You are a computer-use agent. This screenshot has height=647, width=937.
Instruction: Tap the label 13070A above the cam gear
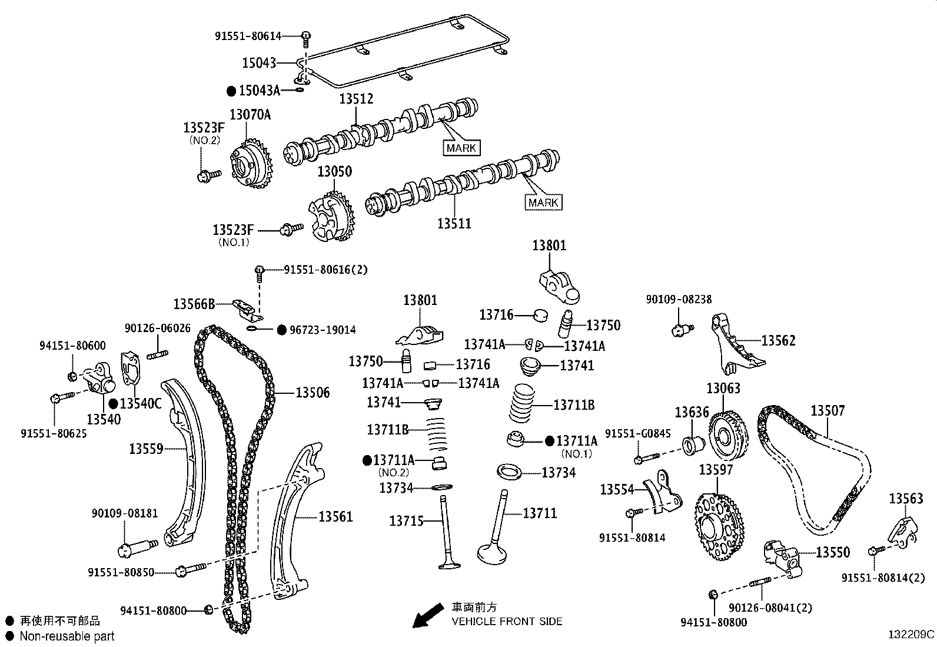point(250,114)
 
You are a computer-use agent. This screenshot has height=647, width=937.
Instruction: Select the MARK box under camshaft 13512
point(461,148)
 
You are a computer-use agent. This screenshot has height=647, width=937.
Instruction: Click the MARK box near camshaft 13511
point(543,203)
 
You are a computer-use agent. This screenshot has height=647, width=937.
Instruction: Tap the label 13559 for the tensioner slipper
point(146,449)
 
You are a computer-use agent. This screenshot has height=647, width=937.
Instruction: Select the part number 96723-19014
point(323,330)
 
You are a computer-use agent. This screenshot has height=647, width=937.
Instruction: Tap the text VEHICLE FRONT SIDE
point(507,621)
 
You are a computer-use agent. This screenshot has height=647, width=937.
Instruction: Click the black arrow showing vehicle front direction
point(427,616)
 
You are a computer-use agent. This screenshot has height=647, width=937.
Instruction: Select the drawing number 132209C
point(911,635)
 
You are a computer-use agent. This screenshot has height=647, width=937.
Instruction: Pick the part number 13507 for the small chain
point(828,411)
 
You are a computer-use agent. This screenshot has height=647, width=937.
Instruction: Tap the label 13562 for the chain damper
point(778,340)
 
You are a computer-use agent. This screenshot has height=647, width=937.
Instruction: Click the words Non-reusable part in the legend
point(67,636)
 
